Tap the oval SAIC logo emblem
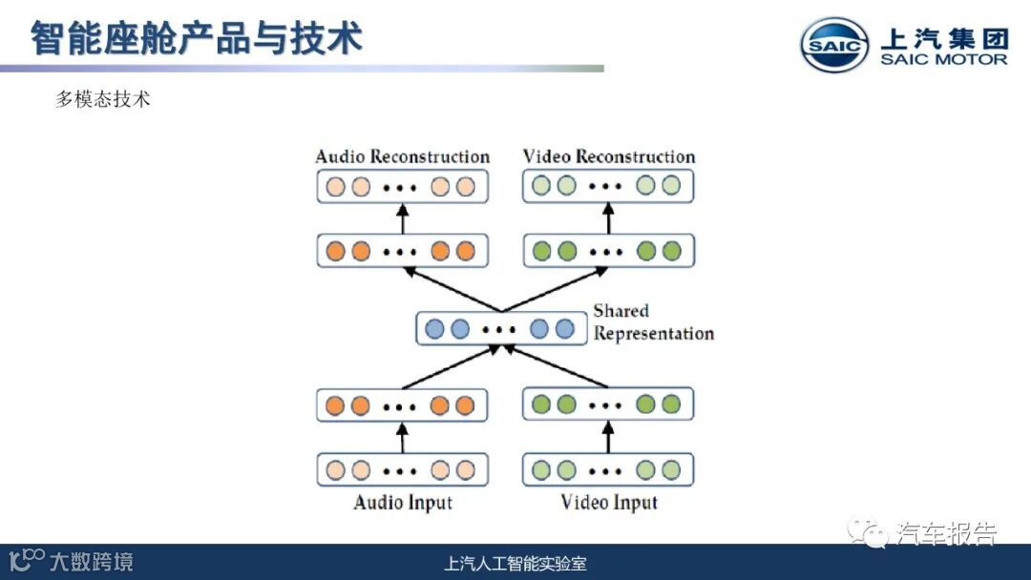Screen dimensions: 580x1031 point(834,45)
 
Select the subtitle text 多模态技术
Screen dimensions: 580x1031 point(103,99)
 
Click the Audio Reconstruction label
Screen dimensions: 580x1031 point(402,156)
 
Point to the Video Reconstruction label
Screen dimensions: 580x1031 point(609,156)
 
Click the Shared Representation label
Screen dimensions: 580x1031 point(653,322)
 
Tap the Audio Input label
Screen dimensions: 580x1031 point(402,502)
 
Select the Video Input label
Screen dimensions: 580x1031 point(609,502)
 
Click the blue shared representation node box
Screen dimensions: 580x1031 point(500,329)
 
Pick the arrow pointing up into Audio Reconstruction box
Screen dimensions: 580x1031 point(402,218)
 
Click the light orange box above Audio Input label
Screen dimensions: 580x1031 point(402,470)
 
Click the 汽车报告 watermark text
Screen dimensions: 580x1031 point(945,533)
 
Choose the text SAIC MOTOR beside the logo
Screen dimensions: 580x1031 point(943,59)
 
